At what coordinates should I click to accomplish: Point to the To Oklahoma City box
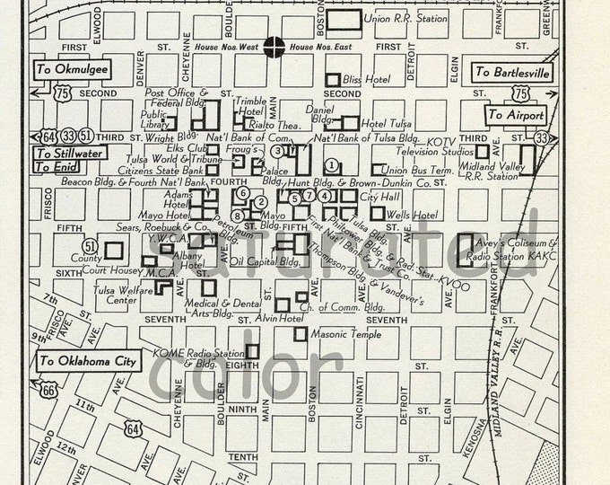coord(89,360)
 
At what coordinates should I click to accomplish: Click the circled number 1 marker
coord(332,164)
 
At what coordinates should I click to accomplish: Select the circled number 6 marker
coord(242,192)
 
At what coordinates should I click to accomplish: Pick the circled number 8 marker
coord(236,216)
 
